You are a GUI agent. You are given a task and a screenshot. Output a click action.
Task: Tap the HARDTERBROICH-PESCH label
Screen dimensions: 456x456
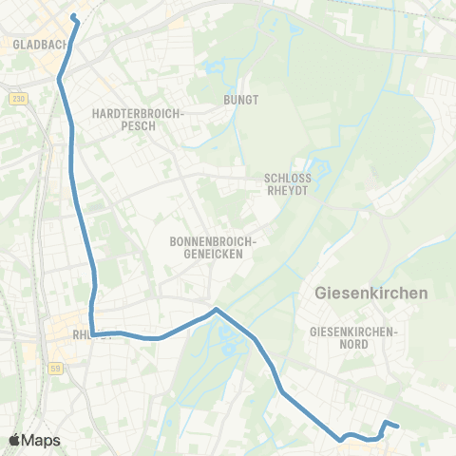click(137, 119)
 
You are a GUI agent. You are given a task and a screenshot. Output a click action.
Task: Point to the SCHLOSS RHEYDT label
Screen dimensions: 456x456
click(288, 182)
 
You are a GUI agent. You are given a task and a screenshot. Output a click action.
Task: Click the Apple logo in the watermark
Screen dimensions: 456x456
click(16, 440)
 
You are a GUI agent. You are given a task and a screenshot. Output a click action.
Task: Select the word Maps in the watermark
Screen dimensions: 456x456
click(42, 440)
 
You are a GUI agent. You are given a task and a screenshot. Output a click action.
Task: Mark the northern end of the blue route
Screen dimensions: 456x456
click(74, 16)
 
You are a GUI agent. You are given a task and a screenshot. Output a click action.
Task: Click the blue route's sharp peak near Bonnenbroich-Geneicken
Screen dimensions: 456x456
click(217, 309)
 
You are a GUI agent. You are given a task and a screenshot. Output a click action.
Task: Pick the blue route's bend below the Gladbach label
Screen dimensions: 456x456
click(60, 80)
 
